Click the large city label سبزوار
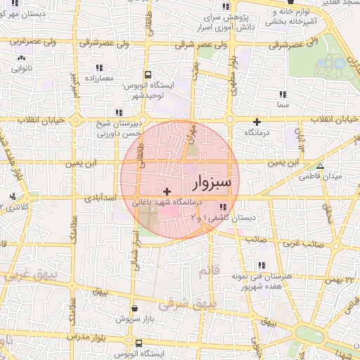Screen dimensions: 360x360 215,183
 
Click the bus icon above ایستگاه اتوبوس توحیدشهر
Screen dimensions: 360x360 148,74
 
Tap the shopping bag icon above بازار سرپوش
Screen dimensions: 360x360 134,307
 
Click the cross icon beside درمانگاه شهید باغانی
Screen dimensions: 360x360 167,191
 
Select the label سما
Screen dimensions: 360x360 283,104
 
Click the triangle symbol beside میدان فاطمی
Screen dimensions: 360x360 320,167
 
